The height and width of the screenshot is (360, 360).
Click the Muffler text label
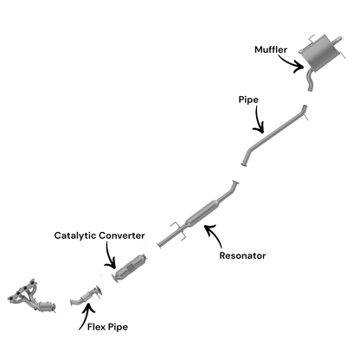point(271,49)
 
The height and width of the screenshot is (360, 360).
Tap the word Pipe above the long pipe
point(248,100)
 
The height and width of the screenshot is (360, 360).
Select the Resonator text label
point(242,255)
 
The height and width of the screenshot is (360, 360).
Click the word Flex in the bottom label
point(96,327)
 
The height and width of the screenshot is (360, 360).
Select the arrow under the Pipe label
point(258,121)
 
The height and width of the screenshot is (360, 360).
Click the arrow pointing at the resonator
point(215,233)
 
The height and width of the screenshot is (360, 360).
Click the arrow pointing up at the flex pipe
point(86,315)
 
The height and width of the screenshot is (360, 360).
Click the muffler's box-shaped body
point(319,54)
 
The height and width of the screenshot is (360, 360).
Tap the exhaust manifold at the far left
point(31,297)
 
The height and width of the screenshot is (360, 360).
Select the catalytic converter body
point(131,267)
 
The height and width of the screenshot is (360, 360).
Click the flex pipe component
point(86,296)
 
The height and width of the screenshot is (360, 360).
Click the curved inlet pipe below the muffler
point(310,80)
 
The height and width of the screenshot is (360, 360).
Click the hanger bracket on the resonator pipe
point(178,231)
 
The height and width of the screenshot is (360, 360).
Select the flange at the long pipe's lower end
point(244,164)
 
